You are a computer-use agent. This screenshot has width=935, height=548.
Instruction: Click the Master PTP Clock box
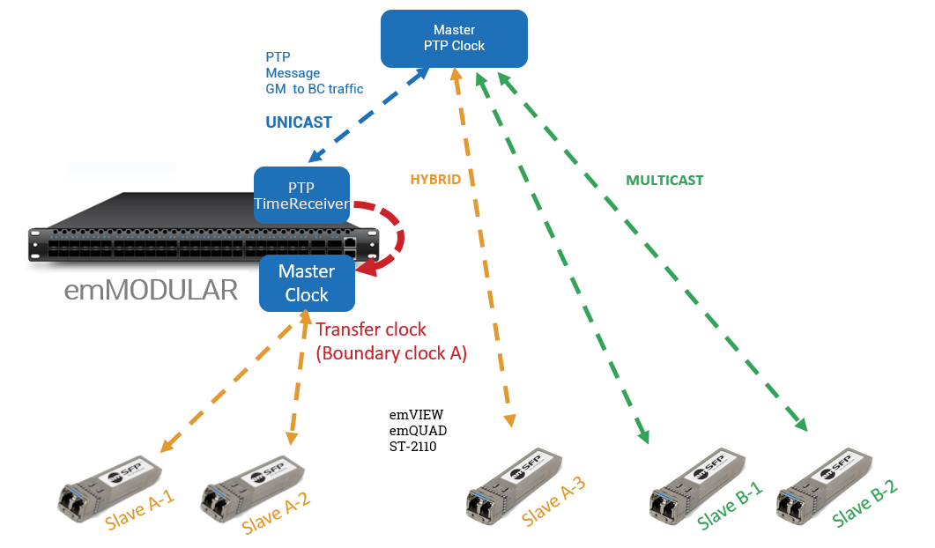(454, 38)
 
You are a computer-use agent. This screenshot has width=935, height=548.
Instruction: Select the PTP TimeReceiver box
(301, 196)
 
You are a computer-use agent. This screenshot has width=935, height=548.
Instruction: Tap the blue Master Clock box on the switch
(306, 283)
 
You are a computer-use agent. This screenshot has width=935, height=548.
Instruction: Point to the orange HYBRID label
(435, 179)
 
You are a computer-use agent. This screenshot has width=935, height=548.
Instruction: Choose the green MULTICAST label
(664, 180)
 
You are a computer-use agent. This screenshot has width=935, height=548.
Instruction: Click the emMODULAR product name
(151, 291)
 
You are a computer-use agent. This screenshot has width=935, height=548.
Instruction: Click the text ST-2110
(413, 448)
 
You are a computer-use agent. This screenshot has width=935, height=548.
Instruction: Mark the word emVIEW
(416, 414)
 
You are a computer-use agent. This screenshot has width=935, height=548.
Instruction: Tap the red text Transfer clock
(370, 330)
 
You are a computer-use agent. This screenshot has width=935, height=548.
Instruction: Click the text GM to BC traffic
(315, 89)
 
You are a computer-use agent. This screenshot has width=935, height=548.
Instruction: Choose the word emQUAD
(419, 431)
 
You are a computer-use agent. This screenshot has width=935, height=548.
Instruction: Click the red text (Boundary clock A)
(390, 354)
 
